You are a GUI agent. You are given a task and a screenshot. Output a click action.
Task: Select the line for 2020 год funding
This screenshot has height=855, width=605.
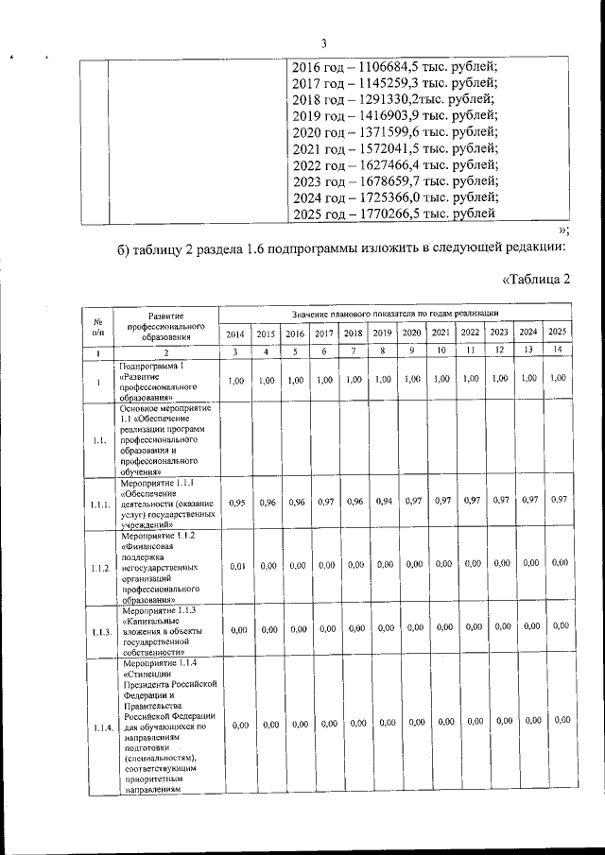[393, 131]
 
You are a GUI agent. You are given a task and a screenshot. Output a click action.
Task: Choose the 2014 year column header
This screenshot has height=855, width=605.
[236, 333]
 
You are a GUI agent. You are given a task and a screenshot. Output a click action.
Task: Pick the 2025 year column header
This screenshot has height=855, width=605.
[558, 332]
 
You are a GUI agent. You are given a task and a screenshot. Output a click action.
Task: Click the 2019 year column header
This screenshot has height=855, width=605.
[383, 333]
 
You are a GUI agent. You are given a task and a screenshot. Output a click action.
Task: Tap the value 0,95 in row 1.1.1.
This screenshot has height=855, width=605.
[236, 504]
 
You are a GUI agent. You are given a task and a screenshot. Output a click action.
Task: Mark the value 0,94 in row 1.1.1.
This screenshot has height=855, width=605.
[383, 503]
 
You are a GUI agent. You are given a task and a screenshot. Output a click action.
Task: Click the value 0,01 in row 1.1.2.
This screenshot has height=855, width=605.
[236, 565]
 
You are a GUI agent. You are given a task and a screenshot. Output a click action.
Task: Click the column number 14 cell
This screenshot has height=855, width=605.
[558, 351]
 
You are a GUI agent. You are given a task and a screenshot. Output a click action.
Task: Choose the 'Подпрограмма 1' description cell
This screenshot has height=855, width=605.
[166, 380]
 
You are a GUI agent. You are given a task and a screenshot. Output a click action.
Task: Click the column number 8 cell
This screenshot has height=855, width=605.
[383, 351]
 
